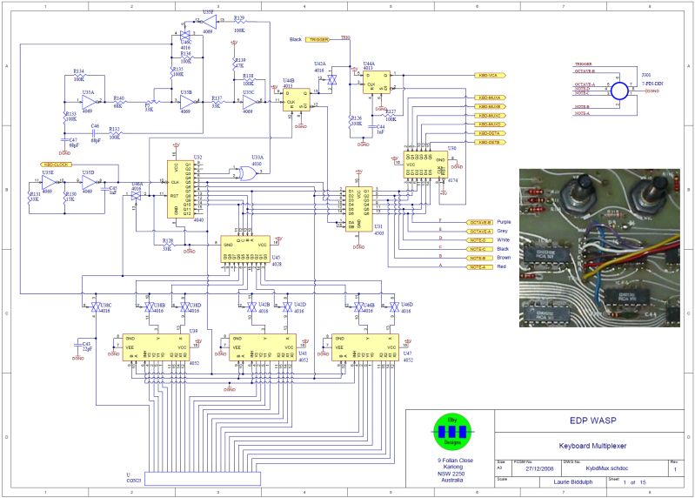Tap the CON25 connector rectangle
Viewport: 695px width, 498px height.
pyautogui.click(x=207, y=478)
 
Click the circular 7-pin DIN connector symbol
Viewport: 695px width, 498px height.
pyautogui.click(x=619, y=91)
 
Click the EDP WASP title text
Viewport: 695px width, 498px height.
pyautogui.click(x=593, y=421)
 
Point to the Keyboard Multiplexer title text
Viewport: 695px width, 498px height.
pyautogui.click(x=593, y=446)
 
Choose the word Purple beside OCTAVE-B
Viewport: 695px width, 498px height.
pyautogui.click(x=504, y=221)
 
